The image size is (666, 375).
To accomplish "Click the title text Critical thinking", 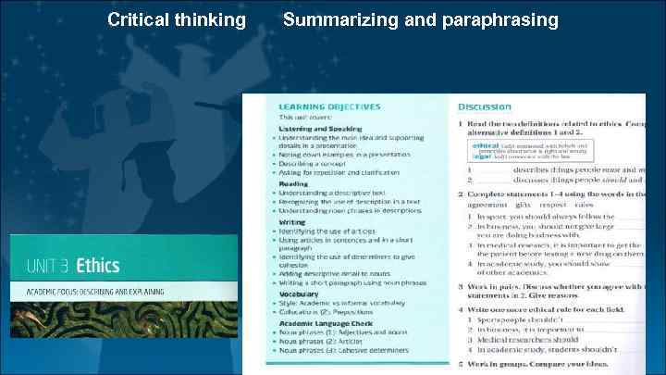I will tap(177, 19).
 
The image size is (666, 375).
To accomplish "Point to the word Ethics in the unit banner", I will tap(98, 266).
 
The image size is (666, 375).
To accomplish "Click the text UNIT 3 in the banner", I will tap(46, 266).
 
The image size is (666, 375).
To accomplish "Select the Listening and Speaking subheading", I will tap(320, 129).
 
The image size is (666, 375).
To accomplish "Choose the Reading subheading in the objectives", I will tap(294, 183).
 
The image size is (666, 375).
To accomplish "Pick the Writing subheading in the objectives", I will tap(292, 222).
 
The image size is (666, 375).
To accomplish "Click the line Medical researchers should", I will tap(527, 339).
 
